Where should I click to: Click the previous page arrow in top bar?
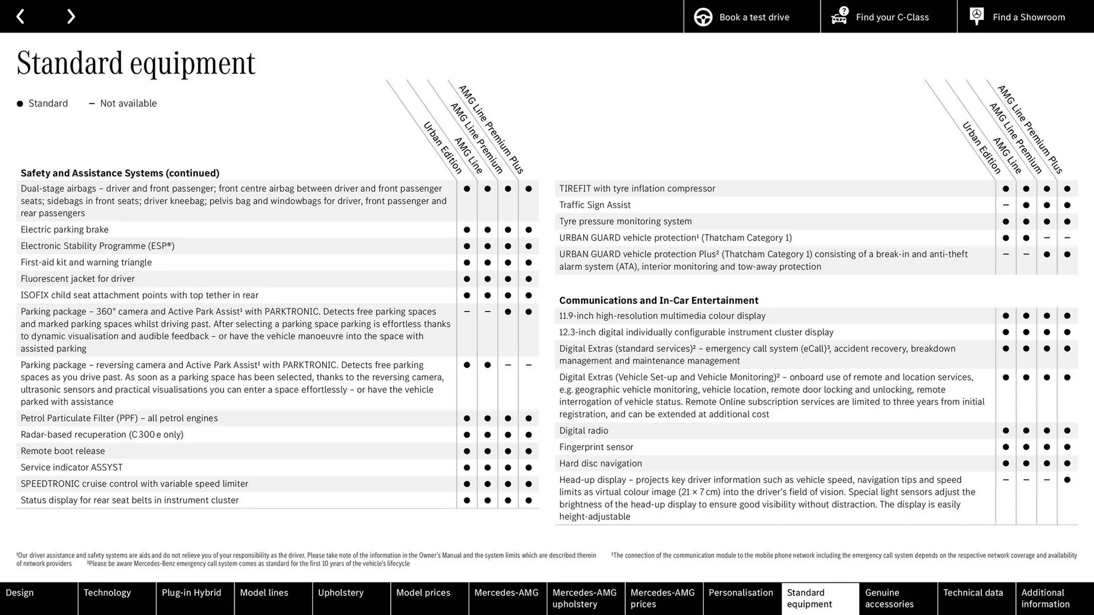(x=20, y=17)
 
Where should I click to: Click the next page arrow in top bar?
(x=71, y=17)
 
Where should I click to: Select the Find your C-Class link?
(x=888, y=17)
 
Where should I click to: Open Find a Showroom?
(x=1025, y=17)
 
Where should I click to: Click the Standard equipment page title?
(x=136, y=63)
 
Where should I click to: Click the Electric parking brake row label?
(x=64, y=229)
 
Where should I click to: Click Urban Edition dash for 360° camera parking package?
(x=467, y=311)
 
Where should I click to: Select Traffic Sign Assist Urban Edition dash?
(x=1006, y=205)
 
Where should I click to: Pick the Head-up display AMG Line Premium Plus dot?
(x=1067, y=480)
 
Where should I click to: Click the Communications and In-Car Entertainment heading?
(x=658, y=300)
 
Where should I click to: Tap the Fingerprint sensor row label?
(x=596, y=447)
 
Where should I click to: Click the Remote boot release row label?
(x=63, y=451)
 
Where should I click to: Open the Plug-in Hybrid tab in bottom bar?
(x=191, y=593)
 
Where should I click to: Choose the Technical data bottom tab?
(x=973, y=593)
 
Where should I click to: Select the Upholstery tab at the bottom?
(x=341, y=593)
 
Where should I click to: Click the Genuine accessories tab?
(x=889, y=598)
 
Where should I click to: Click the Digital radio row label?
(x=583, y=430)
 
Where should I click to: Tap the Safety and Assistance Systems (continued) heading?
(x=120, y=173)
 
